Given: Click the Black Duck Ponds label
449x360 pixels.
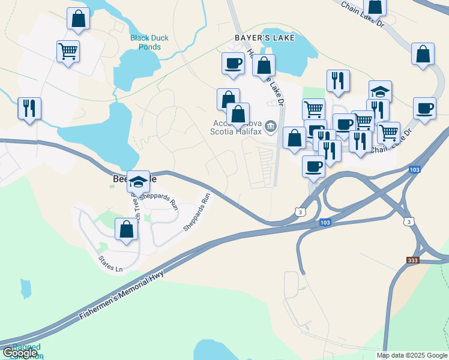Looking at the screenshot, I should point(149,42).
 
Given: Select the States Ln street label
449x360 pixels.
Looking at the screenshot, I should point(110,265).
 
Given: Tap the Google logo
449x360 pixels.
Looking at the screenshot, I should point(20,353).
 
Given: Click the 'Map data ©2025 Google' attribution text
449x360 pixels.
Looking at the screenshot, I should point(412,355).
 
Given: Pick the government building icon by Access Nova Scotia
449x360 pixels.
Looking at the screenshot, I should point(270,126).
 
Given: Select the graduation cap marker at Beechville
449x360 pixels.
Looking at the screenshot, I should point(139,182).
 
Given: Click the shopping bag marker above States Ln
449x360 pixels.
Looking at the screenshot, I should point(126,230).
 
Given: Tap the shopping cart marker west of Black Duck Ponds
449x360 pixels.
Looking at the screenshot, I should point(68,51).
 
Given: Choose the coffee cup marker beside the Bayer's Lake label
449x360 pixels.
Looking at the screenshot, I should point(233,63).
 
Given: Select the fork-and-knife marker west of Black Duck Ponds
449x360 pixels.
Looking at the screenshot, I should point(29,108).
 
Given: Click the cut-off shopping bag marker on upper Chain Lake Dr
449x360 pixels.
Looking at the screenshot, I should point(375,6).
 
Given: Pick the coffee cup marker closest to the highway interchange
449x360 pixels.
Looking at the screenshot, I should point(313,166).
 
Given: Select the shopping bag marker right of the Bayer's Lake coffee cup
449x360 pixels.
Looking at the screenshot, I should point(264,65).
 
